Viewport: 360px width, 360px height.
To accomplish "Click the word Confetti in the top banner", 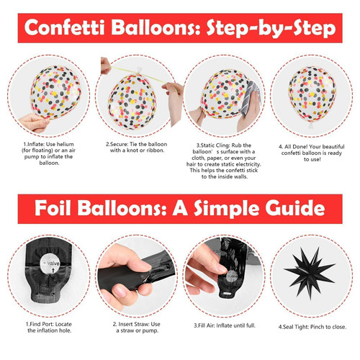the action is (x=64, y=27).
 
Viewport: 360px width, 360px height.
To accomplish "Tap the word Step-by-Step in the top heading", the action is (x=271, y=29).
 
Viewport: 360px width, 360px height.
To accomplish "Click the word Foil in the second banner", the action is (x=53, y=208).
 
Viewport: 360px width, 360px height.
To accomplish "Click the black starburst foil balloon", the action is (x=310, y=272).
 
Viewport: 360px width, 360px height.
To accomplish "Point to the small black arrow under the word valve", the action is (x=53, y=271).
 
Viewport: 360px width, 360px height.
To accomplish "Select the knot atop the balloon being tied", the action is (x=140, y=71).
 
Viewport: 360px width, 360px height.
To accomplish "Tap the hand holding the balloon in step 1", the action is (x=34, y=122).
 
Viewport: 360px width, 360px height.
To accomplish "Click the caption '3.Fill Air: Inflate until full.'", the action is (x=225, y=325).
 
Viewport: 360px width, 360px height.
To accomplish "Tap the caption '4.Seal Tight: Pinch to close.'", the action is (x=312, y=327).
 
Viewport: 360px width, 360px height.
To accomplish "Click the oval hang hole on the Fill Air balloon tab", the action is (x=228, y=293).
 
